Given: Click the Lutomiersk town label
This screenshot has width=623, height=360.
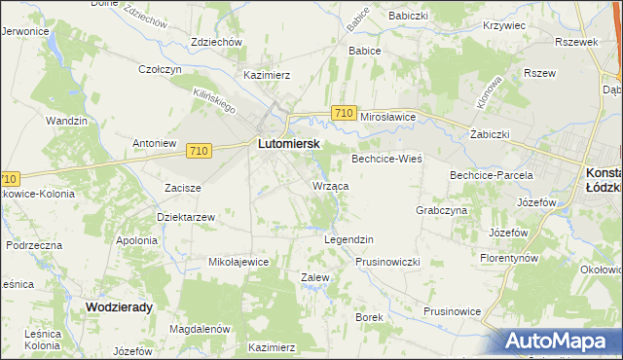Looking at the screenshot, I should tap(289, 142).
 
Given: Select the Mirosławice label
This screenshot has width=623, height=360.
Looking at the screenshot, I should tap(388, 116).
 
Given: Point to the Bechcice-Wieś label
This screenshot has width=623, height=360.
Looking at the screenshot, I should tap(386, 158).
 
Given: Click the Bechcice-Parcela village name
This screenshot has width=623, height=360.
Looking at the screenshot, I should tap(491, 175).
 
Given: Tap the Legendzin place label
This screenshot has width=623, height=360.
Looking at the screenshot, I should tap(348, 239).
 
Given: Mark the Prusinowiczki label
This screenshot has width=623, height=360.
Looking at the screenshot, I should tap(386, 262).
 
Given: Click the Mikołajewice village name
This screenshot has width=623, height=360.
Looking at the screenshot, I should tap(238, 262).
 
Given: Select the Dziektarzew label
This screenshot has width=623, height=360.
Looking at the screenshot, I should tap(185, 217).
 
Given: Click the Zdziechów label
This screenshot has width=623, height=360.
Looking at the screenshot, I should tap(215, 43).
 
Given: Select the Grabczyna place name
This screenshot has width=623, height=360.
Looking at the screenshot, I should tap(442, 209).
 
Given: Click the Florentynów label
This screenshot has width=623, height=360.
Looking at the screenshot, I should tap(510, 259).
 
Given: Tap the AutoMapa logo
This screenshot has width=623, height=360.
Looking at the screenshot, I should tap(558, 341).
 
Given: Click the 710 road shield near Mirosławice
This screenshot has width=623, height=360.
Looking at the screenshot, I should tap(342, 114).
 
